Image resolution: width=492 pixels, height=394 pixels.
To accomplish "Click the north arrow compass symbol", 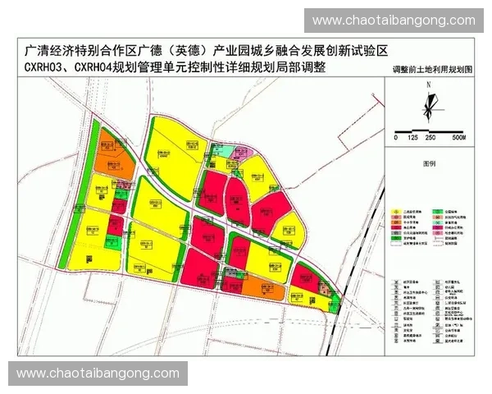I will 428,108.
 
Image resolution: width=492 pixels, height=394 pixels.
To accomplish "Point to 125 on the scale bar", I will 412,138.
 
